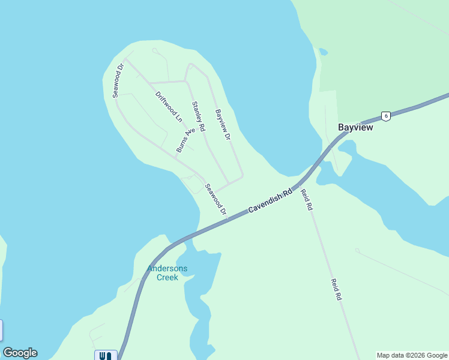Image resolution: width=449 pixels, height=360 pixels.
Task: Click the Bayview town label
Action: (355, 128)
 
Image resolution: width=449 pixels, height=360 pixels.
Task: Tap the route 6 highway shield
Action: (385, 116)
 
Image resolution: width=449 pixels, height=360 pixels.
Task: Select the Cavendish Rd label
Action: (270, 201)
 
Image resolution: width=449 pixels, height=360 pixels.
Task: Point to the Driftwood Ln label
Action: (168, 107)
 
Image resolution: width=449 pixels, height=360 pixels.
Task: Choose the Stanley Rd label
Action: (198, 116)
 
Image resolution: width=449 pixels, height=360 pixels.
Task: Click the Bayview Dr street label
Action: (223, 125)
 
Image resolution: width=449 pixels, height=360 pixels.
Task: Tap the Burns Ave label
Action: (186, 139)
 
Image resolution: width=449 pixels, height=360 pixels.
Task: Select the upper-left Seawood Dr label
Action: (118, 80)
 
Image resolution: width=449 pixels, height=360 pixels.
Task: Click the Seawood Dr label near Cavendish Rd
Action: (215, 199)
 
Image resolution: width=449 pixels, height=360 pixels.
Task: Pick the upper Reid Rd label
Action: (306, 199)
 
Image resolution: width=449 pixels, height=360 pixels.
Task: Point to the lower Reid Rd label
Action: (336, 289)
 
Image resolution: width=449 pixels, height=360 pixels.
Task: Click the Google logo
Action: (20, 353)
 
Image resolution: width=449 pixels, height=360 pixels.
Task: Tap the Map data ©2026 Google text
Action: (412, 355)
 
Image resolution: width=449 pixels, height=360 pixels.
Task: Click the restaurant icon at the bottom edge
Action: (106, 355)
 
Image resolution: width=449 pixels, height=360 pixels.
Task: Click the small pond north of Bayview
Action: (324, 52)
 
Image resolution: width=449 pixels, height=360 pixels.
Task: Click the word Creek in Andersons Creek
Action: (167, 277)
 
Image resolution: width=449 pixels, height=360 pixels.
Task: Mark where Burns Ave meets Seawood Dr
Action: (175, 157)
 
